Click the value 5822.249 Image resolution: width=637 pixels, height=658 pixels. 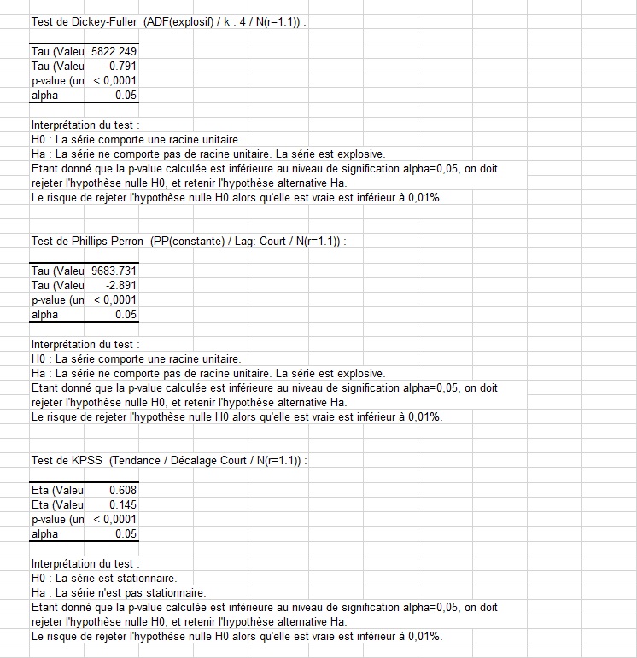pos(114,51)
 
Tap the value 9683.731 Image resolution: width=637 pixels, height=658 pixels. pos(114,271)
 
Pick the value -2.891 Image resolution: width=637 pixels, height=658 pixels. pos(121,285)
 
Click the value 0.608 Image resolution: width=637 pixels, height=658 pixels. pos(123,490)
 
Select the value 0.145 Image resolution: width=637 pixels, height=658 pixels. pos(123,504)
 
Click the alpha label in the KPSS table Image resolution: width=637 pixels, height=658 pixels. pos(44,533)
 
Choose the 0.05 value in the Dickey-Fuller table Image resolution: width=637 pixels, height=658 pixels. pos(126,95)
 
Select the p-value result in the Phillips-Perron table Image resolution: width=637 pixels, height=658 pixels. pos(114,300)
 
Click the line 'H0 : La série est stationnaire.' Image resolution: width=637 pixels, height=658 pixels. pos(103,578)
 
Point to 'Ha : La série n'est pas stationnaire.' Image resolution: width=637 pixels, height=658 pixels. pos(119,592)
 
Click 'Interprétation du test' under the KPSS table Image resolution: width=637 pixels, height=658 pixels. pos(85,563)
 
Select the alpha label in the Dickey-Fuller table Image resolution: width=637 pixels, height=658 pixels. pos(44,95)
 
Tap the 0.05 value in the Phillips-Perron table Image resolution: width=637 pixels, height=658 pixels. pos(126,314)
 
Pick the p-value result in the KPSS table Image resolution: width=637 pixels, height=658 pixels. pos(114,519)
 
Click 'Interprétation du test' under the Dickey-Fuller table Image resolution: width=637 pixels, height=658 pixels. pos(85,125)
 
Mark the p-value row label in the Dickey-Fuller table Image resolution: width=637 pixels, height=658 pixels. pos(57,80)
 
